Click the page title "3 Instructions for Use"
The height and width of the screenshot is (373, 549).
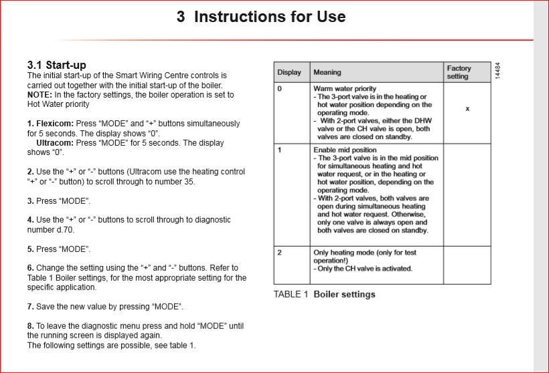click(x=261, y=17)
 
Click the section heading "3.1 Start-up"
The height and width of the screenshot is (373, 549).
click(x=56, y=65)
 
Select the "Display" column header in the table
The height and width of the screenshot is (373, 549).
click(x=289, y=72)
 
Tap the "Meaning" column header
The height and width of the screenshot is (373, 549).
click(x=327, y=72)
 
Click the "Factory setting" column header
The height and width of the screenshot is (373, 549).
click(x=459, y=72)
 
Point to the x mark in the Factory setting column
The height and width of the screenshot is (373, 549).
click(x=467, y=108)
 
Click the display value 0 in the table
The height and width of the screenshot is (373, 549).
click(x=280, y=88)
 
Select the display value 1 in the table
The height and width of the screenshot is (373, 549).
click(x=280, y=150)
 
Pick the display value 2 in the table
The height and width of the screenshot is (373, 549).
click(x=280, y=253)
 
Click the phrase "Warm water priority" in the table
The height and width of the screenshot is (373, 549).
click(x=345, y=88)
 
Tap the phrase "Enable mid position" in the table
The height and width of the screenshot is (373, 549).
click(x=345, y=150)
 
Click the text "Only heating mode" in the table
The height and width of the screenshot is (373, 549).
click(x=343, y=253)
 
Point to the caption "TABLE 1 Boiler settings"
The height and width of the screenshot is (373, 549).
click(x=325, y=294)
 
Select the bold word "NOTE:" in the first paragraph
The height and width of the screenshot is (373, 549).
click(x=40, y=95)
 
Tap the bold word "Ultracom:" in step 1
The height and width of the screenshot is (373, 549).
click(x=55, y=143)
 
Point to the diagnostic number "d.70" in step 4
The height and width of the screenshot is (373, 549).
click(x=64, y=230)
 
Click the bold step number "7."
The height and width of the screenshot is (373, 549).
click(x=31, y=307)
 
